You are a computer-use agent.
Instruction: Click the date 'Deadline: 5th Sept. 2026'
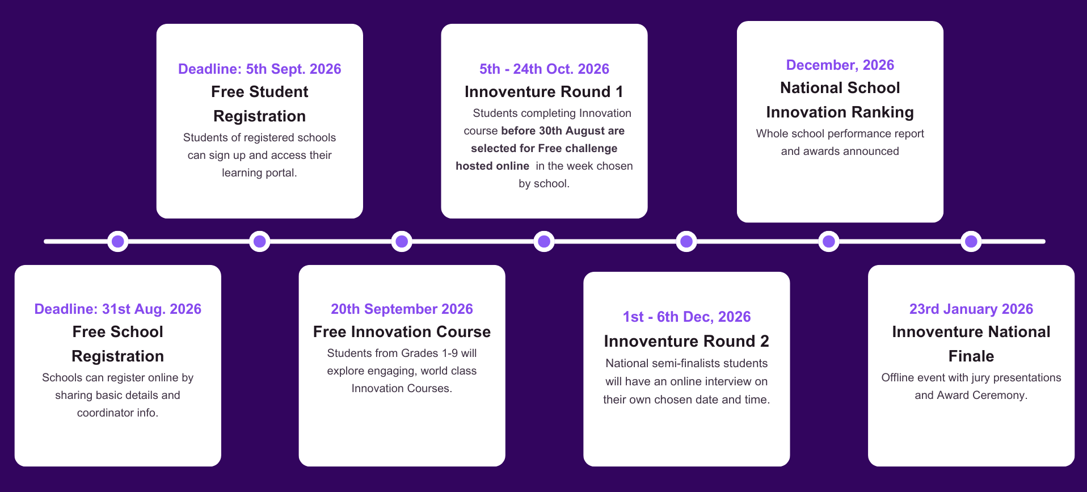(x=260, y=69)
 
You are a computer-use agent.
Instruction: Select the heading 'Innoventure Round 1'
(x=544, y=92)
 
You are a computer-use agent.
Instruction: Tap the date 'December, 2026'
(x=840, y=65)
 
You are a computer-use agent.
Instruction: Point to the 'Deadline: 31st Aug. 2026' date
(x=118, y=309)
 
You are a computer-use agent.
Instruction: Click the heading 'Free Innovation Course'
(x=402, y=332)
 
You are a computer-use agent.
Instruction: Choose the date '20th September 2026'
(x=402, y=309)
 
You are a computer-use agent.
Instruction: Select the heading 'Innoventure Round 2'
(x=686, y=341)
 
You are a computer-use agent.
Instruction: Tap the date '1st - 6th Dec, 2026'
(x=686, y=317)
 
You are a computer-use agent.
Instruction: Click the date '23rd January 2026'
(x=971, y=309)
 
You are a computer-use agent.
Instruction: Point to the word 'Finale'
(x=971, y=356)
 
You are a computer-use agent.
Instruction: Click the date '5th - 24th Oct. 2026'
(x=544, y=69)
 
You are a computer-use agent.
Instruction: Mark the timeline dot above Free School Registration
(x=118, y=242)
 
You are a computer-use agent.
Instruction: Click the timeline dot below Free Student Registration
(x=260, y=242)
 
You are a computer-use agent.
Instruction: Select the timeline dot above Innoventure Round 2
(x=686, y=242)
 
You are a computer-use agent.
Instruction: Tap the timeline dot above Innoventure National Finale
(x=971, y=242)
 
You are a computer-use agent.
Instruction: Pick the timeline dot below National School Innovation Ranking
(x=829, y=242)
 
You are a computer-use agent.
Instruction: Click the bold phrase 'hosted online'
(x=492, y=166)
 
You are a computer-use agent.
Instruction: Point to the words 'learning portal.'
(x=259, y=173)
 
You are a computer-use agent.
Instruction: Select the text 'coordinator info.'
(x=118, y=413)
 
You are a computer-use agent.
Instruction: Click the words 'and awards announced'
(x=840, y=152)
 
